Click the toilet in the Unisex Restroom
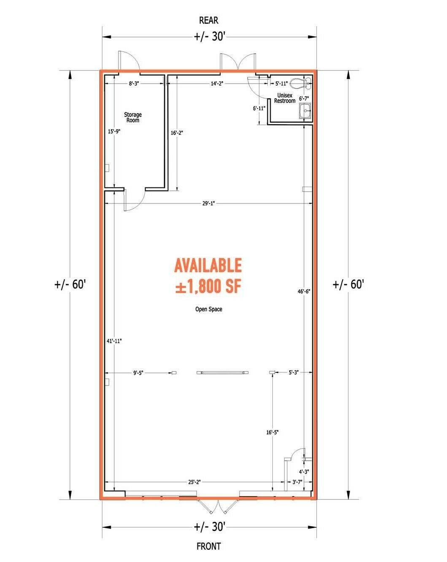point(300,83)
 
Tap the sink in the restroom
point(305,111)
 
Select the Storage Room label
point(133,117)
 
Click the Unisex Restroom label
point(285,98)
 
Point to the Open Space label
point(209,309)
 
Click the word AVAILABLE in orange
point(208,265)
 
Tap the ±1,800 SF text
point(208,286)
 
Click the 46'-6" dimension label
point(304,291)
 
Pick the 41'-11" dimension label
point(114,341)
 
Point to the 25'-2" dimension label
point(194,482)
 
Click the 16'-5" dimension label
point(272,432)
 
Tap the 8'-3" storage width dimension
point(134,84)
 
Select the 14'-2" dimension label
point(217,84)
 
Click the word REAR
point(209,20)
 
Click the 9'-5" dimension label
point(138,373)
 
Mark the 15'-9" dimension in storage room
point(114,131)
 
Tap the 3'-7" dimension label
point(297,482)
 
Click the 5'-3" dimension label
point(294,372)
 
